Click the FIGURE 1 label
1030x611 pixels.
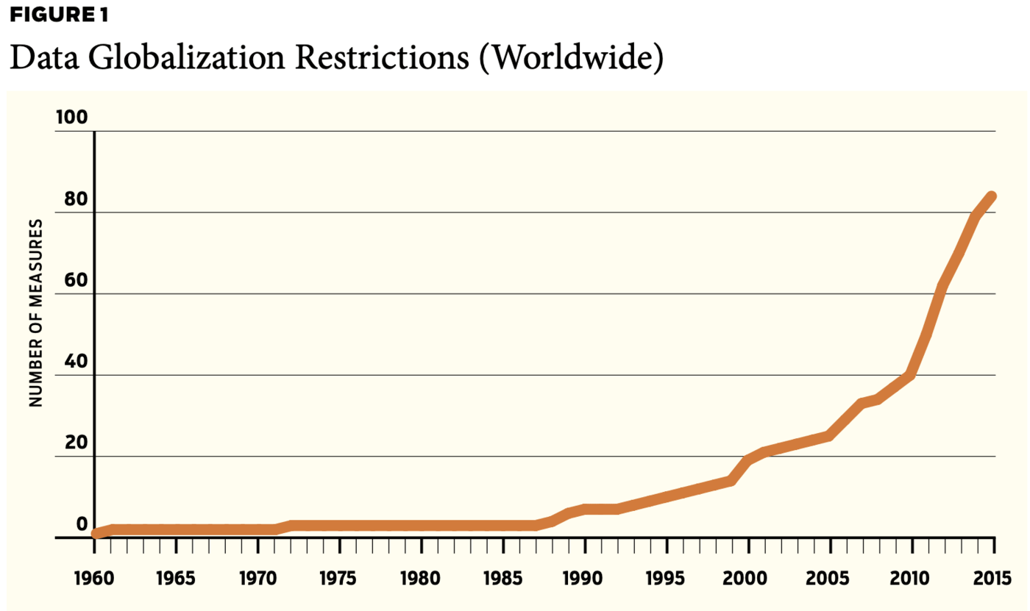(x=58, y=14)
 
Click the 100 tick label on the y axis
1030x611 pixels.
(x=70, y=118)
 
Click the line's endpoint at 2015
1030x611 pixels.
(x=991, y=196)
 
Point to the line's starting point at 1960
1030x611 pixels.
(x=96, y=533)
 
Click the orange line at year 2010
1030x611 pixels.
(x=912, y=375)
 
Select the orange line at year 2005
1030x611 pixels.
(x=830, y=436)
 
